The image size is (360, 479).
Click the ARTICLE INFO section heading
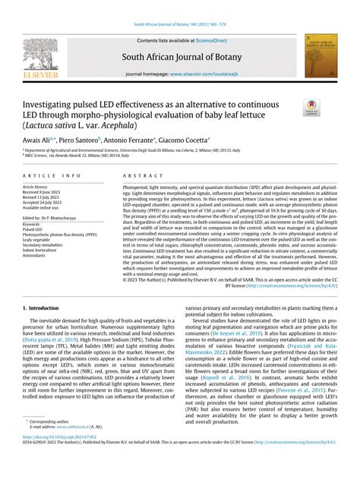[x=50, y=175]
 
